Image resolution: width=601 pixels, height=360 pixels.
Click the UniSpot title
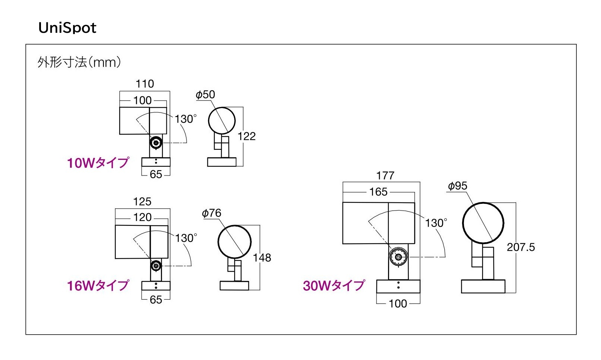pyautogui.click(x=67, y=28)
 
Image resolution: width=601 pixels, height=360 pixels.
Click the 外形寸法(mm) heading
pyautogui.click(x=79, y=62)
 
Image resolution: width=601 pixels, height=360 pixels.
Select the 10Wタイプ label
pyautogui.click(x=98, y=163)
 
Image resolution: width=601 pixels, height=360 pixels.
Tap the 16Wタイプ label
pyautogui.click(x=98, y=285)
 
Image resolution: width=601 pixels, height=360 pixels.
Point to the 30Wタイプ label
pyautogui.click(x=334, y=285)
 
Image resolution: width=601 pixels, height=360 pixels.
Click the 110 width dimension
pyautogui.click(x=145, y=84)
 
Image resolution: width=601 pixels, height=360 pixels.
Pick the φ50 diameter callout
pyautogui.click(x=205, y=95)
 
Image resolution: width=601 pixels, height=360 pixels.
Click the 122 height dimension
pyautogui.click(x=247, y=136)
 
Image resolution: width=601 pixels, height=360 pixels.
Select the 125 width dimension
pyautogui.click(x=142, y=202)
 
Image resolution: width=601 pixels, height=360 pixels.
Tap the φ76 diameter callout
pyautogui.click(x=212, y=213)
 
